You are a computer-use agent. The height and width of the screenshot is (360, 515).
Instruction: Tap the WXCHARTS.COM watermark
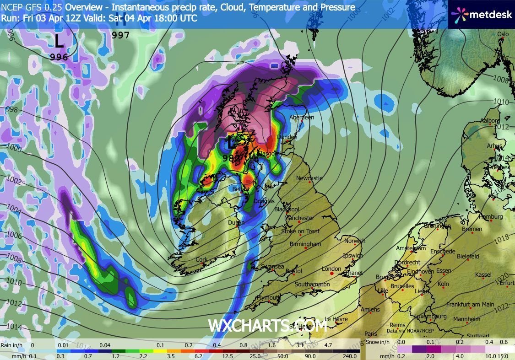[x=268, y=325]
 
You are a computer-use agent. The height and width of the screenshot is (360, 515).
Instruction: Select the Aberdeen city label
[x=302, y=118]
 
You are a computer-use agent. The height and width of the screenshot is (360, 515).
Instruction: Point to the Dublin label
[x=237, y=223]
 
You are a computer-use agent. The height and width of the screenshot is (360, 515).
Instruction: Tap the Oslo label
[x=503, y=34]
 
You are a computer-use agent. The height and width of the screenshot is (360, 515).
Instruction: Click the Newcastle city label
[x=309, y=178]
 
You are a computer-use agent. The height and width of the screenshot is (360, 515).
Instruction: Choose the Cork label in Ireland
[x=201, y=260]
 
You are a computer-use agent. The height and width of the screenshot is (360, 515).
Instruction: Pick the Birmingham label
[x=305, y=244]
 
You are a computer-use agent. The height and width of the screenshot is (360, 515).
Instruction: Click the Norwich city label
[x=355, y=241]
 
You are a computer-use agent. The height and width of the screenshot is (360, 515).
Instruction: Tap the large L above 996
[x=59, y=42]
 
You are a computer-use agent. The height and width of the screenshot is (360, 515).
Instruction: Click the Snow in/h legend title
[x=379, y=342]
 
